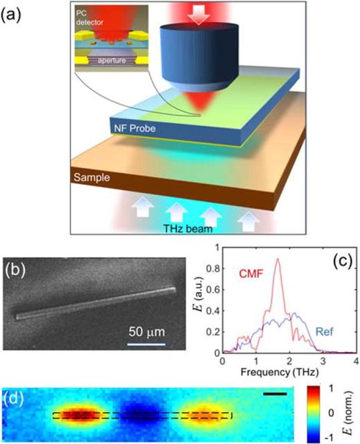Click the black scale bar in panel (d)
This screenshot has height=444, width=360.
click(x=275, y=394)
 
